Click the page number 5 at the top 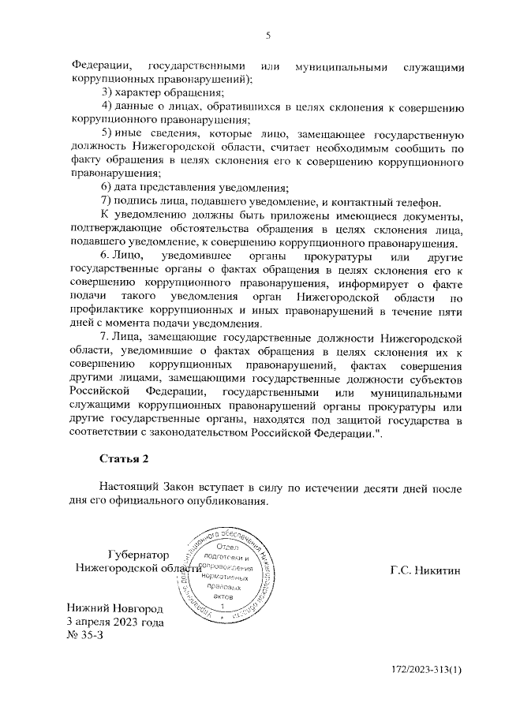[267, 36]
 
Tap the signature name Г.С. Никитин [425, 569]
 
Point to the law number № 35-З [85, 636]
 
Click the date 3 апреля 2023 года [115, 622]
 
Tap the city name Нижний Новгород [115, 609]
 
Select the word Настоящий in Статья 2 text [130, 488]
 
